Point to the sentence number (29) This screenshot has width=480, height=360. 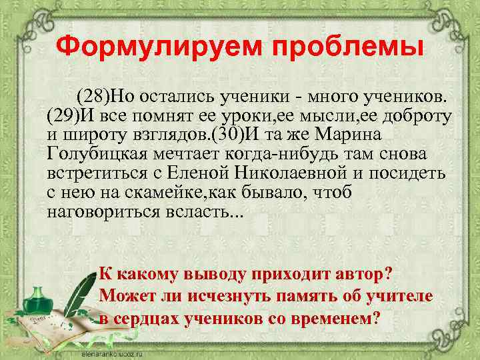[x=63, y=117]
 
